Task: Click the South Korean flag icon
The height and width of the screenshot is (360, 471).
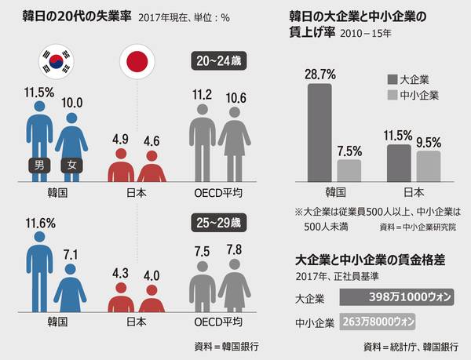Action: coord(57,60)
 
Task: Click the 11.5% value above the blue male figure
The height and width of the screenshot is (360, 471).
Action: coord(38,92)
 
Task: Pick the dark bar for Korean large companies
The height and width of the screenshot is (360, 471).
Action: coord(319,133)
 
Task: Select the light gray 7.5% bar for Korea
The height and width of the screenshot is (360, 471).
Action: coord(348,170)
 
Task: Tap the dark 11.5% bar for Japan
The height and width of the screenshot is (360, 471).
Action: coord(399,162)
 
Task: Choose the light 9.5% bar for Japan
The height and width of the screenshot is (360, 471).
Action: coord(427,165)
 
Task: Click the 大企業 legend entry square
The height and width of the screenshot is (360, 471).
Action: coord(392,78)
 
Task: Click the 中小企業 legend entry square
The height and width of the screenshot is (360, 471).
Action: coord(392,95)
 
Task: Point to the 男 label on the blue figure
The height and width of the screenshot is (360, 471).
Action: coord(38,165)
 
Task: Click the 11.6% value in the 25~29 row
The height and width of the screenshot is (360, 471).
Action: coord(39,224)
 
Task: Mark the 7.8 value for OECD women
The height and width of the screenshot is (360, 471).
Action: coord(233,249)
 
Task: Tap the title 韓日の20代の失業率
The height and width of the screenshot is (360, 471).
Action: coord(75,17)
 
